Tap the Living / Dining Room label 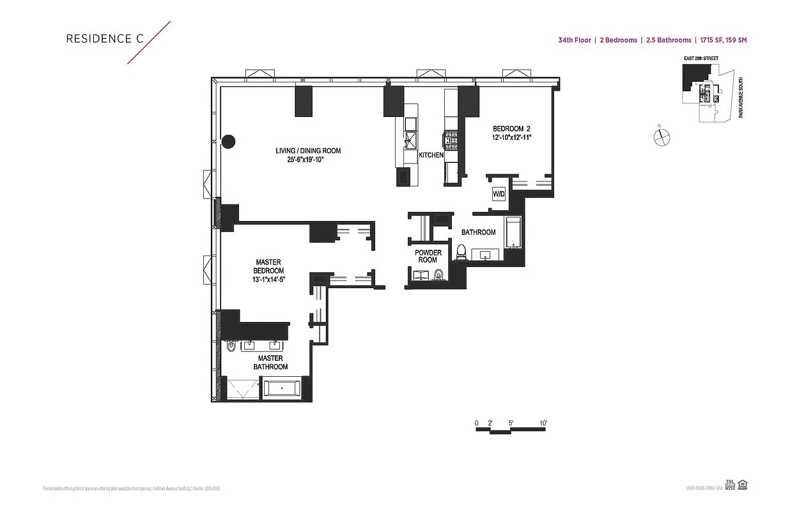click(308, 151)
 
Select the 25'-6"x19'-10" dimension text click(308, 160)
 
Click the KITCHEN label click(431, 155)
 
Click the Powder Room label click(428, 256)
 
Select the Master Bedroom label click(268, 266)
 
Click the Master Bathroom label click(270, 362)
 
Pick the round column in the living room click(228, 142)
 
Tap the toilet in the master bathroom click(231, 346)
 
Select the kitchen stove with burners click(451, 140)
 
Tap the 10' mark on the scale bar click(543, 423)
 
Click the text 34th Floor click(573, 40)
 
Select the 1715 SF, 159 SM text click(723, 40)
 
